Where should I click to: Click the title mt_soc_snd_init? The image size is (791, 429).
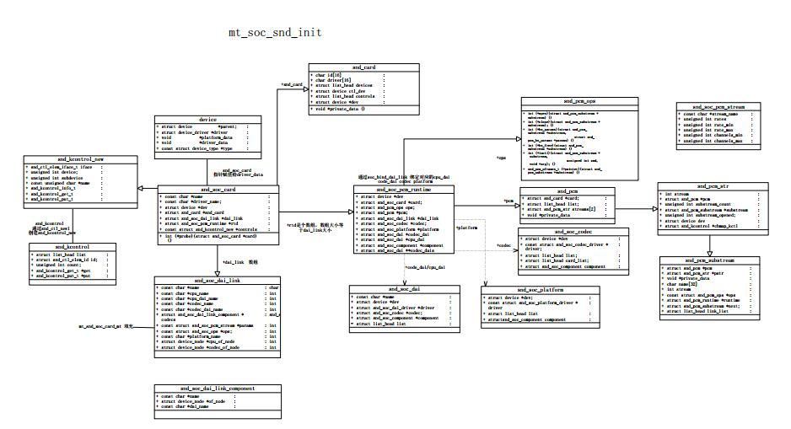pyautogui.click(x=275, y=33)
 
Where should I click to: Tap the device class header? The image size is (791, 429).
pyautogui.click(x=207, y=120)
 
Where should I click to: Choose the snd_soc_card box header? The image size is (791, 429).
pyautogui.click(x=218, y=190)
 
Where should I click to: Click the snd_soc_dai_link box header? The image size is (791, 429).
pyautogui.click(x=217, y=280)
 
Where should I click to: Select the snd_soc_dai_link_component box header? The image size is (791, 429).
pyautogui.click(x=218, y=389)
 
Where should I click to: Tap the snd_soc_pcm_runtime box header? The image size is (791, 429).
pyautogui.click(x=404, y=190)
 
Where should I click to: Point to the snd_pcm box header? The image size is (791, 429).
pyautogui.click(x=561, y=191)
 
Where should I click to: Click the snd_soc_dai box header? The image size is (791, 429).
pyautogui.click(x=405, y=289)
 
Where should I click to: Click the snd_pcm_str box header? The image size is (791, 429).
pyautogui.click(x=709, y=185)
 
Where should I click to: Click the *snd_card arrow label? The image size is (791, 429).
pyautogui.click(x=292, y=84)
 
